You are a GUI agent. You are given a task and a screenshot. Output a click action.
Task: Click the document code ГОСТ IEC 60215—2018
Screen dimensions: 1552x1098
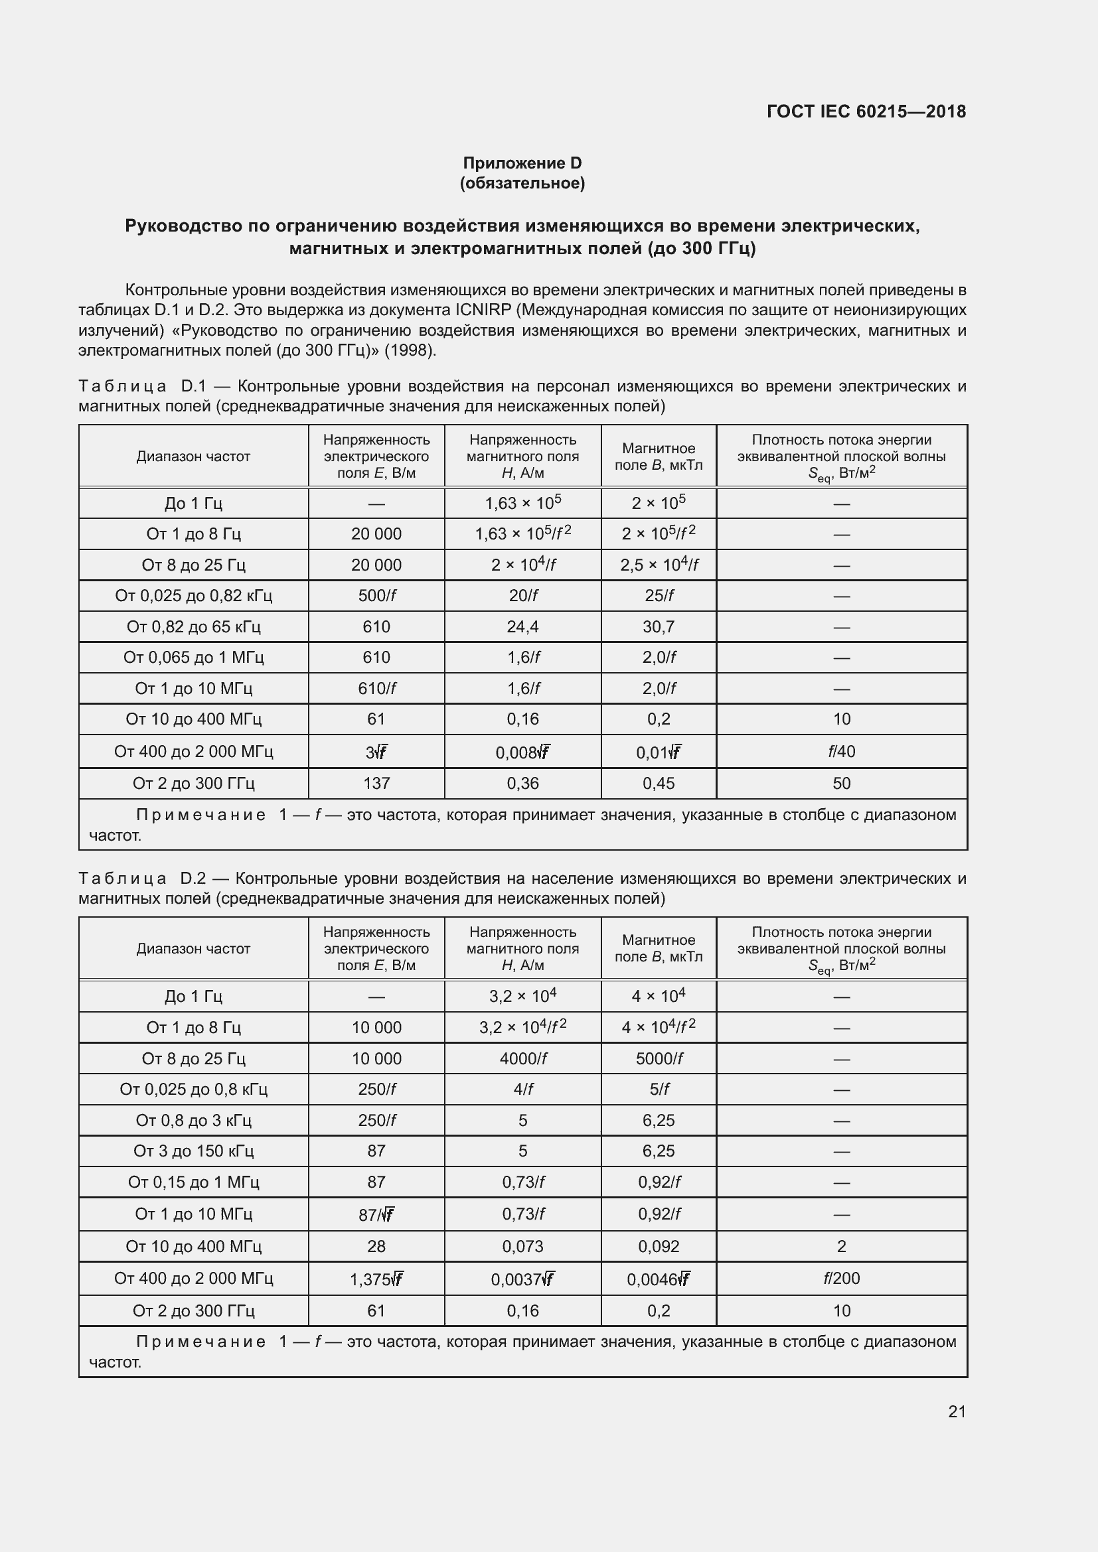tap(866, 111)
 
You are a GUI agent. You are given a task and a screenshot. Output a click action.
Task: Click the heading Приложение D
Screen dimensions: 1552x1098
tap(522, 163)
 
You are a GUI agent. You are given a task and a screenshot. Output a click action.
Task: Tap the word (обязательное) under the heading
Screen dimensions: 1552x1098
tap(522, 183)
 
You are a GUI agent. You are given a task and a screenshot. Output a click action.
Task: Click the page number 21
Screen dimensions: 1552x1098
tap(957, 1411)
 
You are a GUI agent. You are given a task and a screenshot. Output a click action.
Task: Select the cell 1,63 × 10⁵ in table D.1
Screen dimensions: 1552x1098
tap(522, 503)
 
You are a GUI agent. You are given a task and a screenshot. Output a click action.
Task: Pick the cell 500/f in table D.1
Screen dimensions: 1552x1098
tap(376, 595)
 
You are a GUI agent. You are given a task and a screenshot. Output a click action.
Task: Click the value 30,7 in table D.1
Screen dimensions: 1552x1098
tap(658, 626)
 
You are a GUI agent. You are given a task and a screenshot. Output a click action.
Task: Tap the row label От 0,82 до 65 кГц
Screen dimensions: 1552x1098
tap(193, 626)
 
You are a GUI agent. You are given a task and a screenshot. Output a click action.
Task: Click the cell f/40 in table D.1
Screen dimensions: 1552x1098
tap(841, 751)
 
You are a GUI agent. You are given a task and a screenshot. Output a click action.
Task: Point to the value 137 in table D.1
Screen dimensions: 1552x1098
tap(376, 783)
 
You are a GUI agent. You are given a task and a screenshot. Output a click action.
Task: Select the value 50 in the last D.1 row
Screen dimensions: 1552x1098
tap(841, 783)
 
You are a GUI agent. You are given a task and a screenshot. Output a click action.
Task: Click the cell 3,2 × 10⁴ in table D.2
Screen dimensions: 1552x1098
tap(522, 996)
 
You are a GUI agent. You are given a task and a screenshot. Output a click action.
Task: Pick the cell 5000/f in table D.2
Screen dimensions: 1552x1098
tap(659, 1058)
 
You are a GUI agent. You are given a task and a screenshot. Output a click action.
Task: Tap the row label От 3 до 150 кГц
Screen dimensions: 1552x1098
tap(193, 1151)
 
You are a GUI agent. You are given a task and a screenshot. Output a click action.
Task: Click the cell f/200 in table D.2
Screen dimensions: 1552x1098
tap(841, 1278)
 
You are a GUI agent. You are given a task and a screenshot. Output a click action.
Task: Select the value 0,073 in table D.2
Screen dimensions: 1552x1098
tap(522, 1246)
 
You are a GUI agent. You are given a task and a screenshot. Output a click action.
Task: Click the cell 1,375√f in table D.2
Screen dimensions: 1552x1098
tap(376, 1279)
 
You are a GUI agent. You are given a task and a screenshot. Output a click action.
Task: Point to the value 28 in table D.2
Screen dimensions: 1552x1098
tap(376, 1246)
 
